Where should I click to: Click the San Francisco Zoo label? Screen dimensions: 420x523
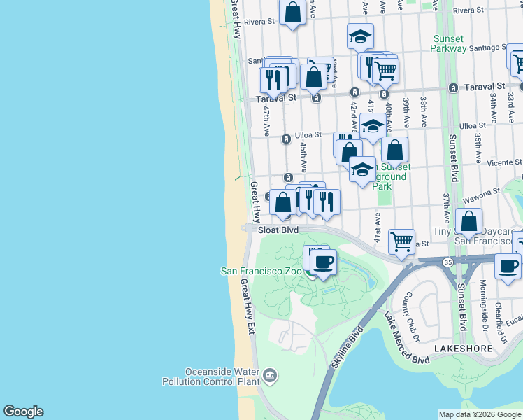click(x=261, y=271)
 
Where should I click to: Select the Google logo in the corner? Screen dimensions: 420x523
click(x=23, y=412)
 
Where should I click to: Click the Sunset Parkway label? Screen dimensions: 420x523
click(x=449, y=43)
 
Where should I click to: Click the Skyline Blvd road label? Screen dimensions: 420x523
click(x=348, y=348)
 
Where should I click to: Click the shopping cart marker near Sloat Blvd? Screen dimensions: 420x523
click(x=401, y=242)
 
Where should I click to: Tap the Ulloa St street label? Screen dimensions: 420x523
click(x=307, y=134)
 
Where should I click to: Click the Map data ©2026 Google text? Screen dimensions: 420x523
click(x=479, y=414)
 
